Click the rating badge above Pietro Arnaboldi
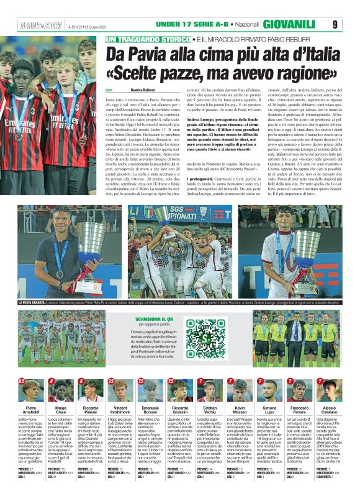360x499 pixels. tap(22, 380)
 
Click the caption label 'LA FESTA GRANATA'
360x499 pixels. tap(34, 302)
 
